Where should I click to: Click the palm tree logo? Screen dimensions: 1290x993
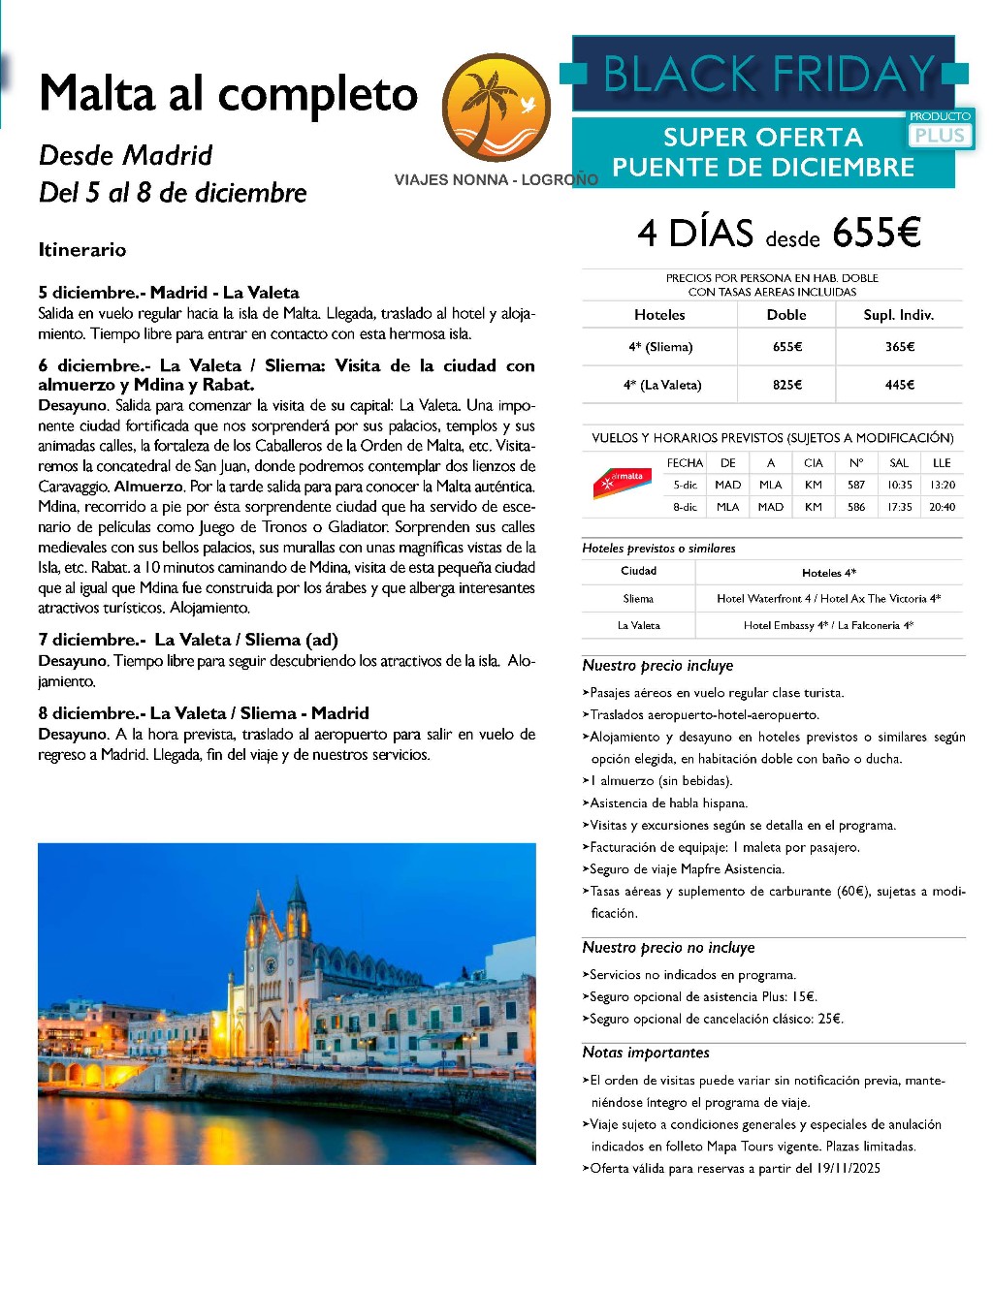[496, 108]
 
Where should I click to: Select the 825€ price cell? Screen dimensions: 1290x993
[786, 385]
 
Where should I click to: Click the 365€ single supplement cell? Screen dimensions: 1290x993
[899, 347]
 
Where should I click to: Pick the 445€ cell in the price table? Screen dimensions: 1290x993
[899, 385]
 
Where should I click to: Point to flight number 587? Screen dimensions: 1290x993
[855, 485]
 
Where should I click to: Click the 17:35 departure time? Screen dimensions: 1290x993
[899, 507]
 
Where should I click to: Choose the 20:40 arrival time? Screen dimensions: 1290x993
[942, 507]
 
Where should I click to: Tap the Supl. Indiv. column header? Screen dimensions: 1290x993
[898, 315]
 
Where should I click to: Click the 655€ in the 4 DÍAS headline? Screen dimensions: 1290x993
[876, 233]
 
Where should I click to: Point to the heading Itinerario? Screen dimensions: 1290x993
[82, 250]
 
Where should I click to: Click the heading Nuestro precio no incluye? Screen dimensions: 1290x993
[668, 948]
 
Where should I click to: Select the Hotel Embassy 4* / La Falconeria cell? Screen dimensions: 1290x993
[828, 626]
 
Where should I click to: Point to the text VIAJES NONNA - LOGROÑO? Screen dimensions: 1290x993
[496, 180]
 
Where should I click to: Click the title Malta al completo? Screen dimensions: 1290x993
[229, 95]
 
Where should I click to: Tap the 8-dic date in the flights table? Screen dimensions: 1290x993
[685, 507]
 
